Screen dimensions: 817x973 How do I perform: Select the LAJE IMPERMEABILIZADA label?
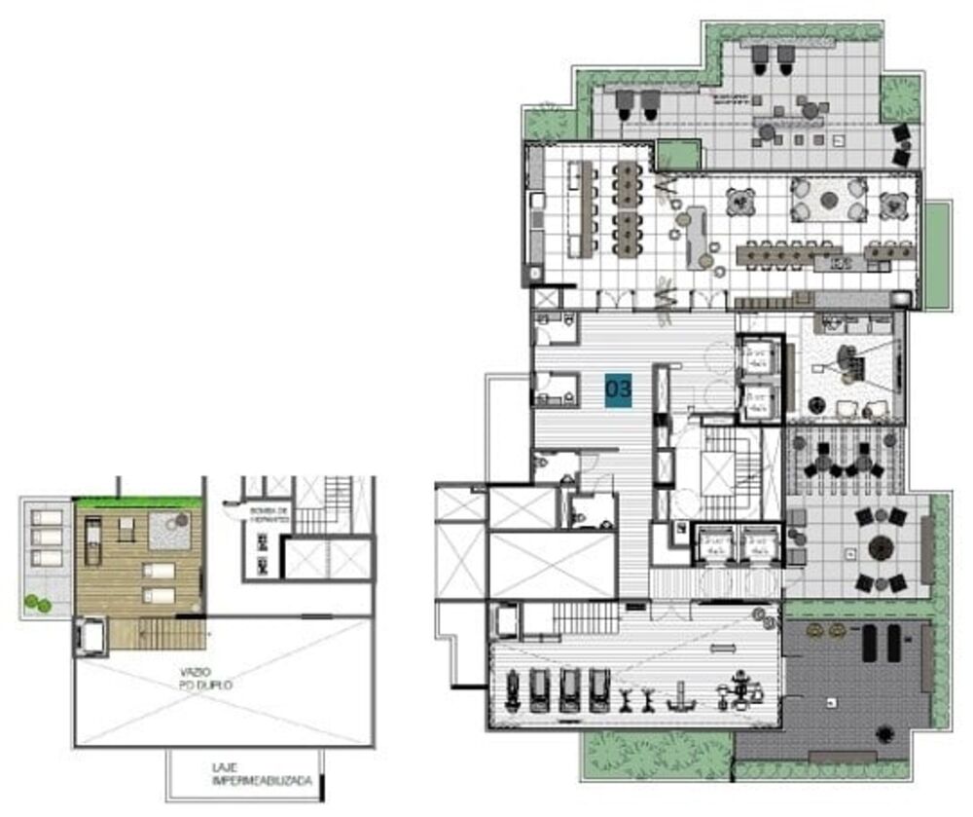pos(248,773)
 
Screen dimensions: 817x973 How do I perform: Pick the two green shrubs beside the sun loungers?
pos(37,603)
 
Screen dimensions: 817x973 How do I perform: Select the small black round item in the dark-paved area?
pos(884,733)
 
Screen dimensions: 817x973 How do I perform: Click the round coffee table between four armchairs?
pos(828,200)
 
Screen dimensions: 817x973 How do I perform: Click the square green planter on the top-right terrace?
pos(900,98)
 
